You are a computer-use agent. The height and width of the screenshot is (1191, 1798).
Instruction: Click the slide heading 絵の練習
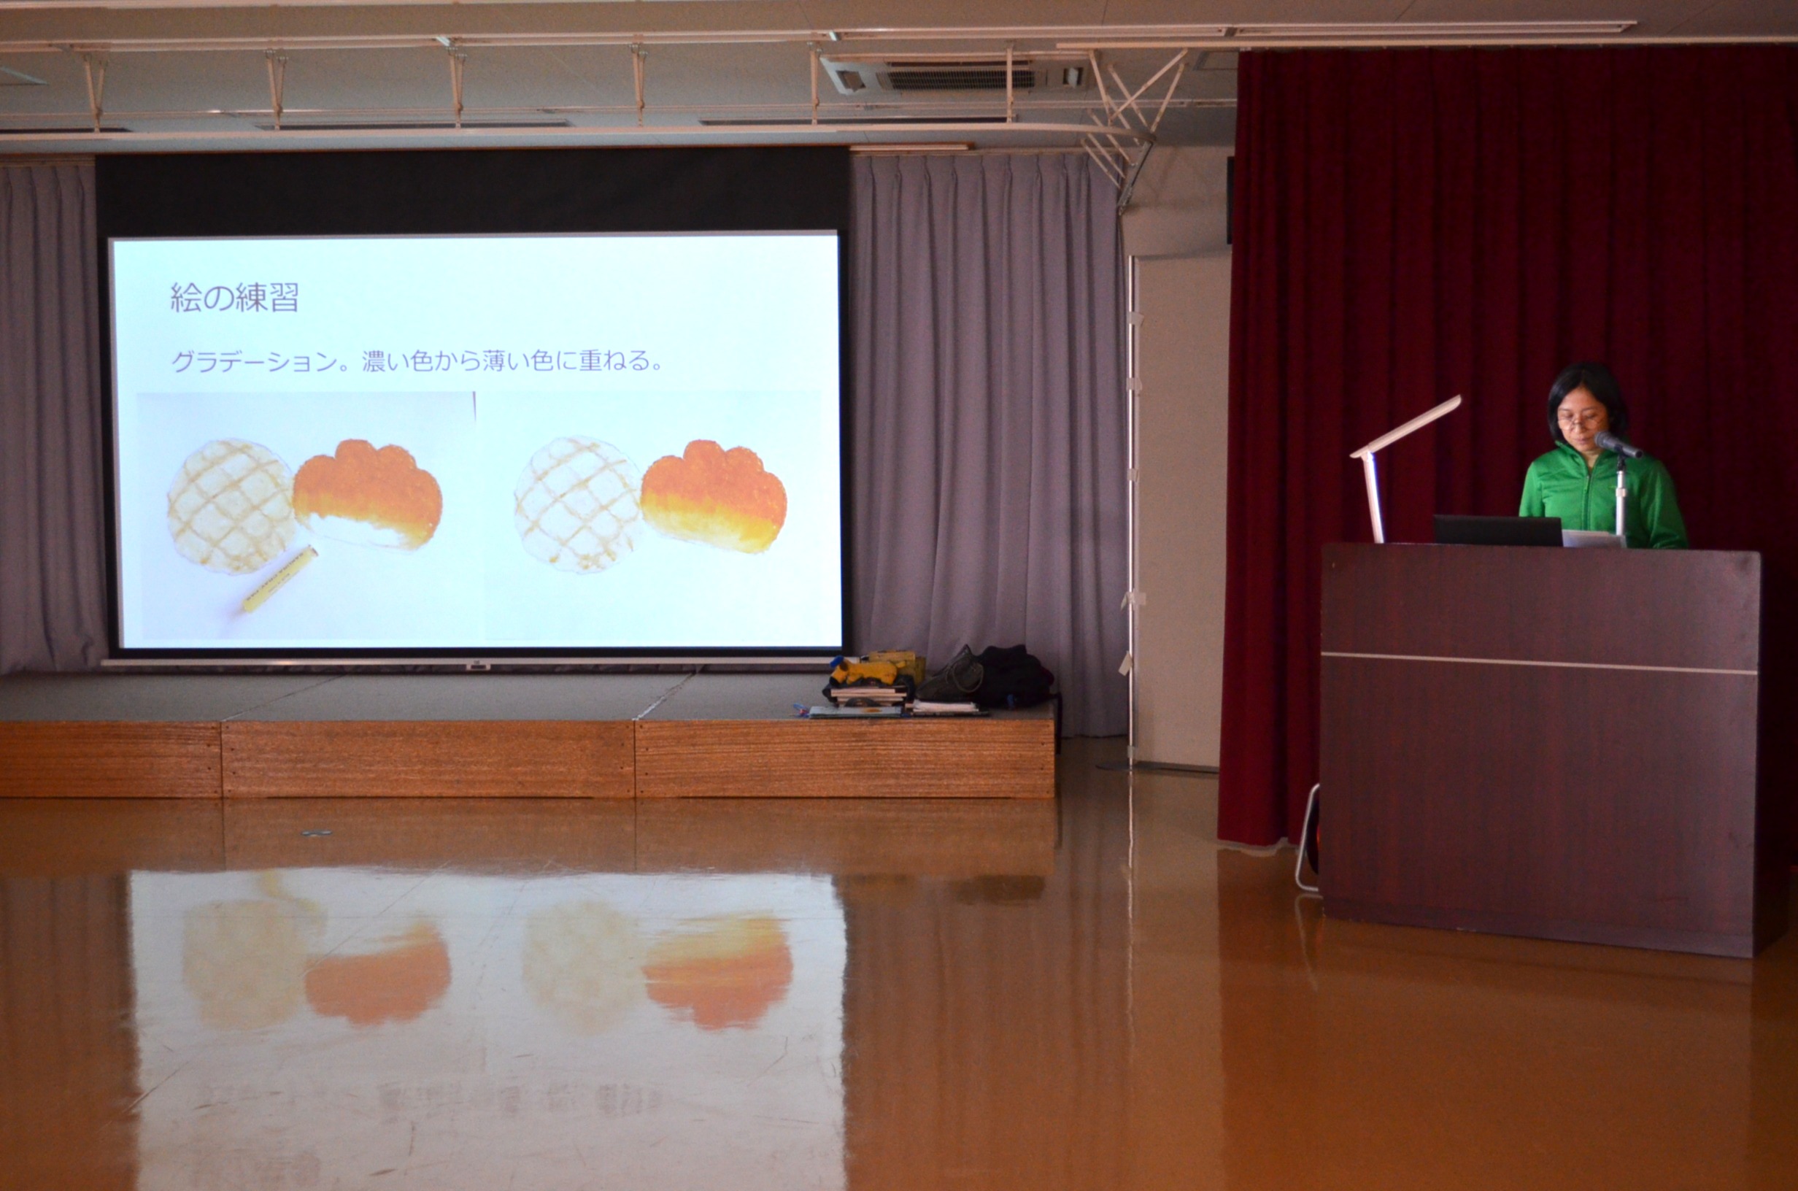(x=234, y=298)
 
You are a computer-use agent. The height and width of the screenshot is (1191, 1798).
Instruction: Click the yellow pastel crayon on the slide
(x=279, y=579)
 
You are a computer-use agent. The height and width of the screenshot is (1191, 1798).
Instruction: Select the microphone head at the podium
(x=1614, y=444)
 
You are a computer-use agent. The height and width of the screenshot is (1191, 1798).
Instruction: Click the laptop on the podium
(x=1497, y=530)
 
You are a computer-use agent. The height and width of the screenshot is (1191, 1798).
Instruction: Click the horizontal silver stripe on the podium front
(x=1539, y=663)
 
